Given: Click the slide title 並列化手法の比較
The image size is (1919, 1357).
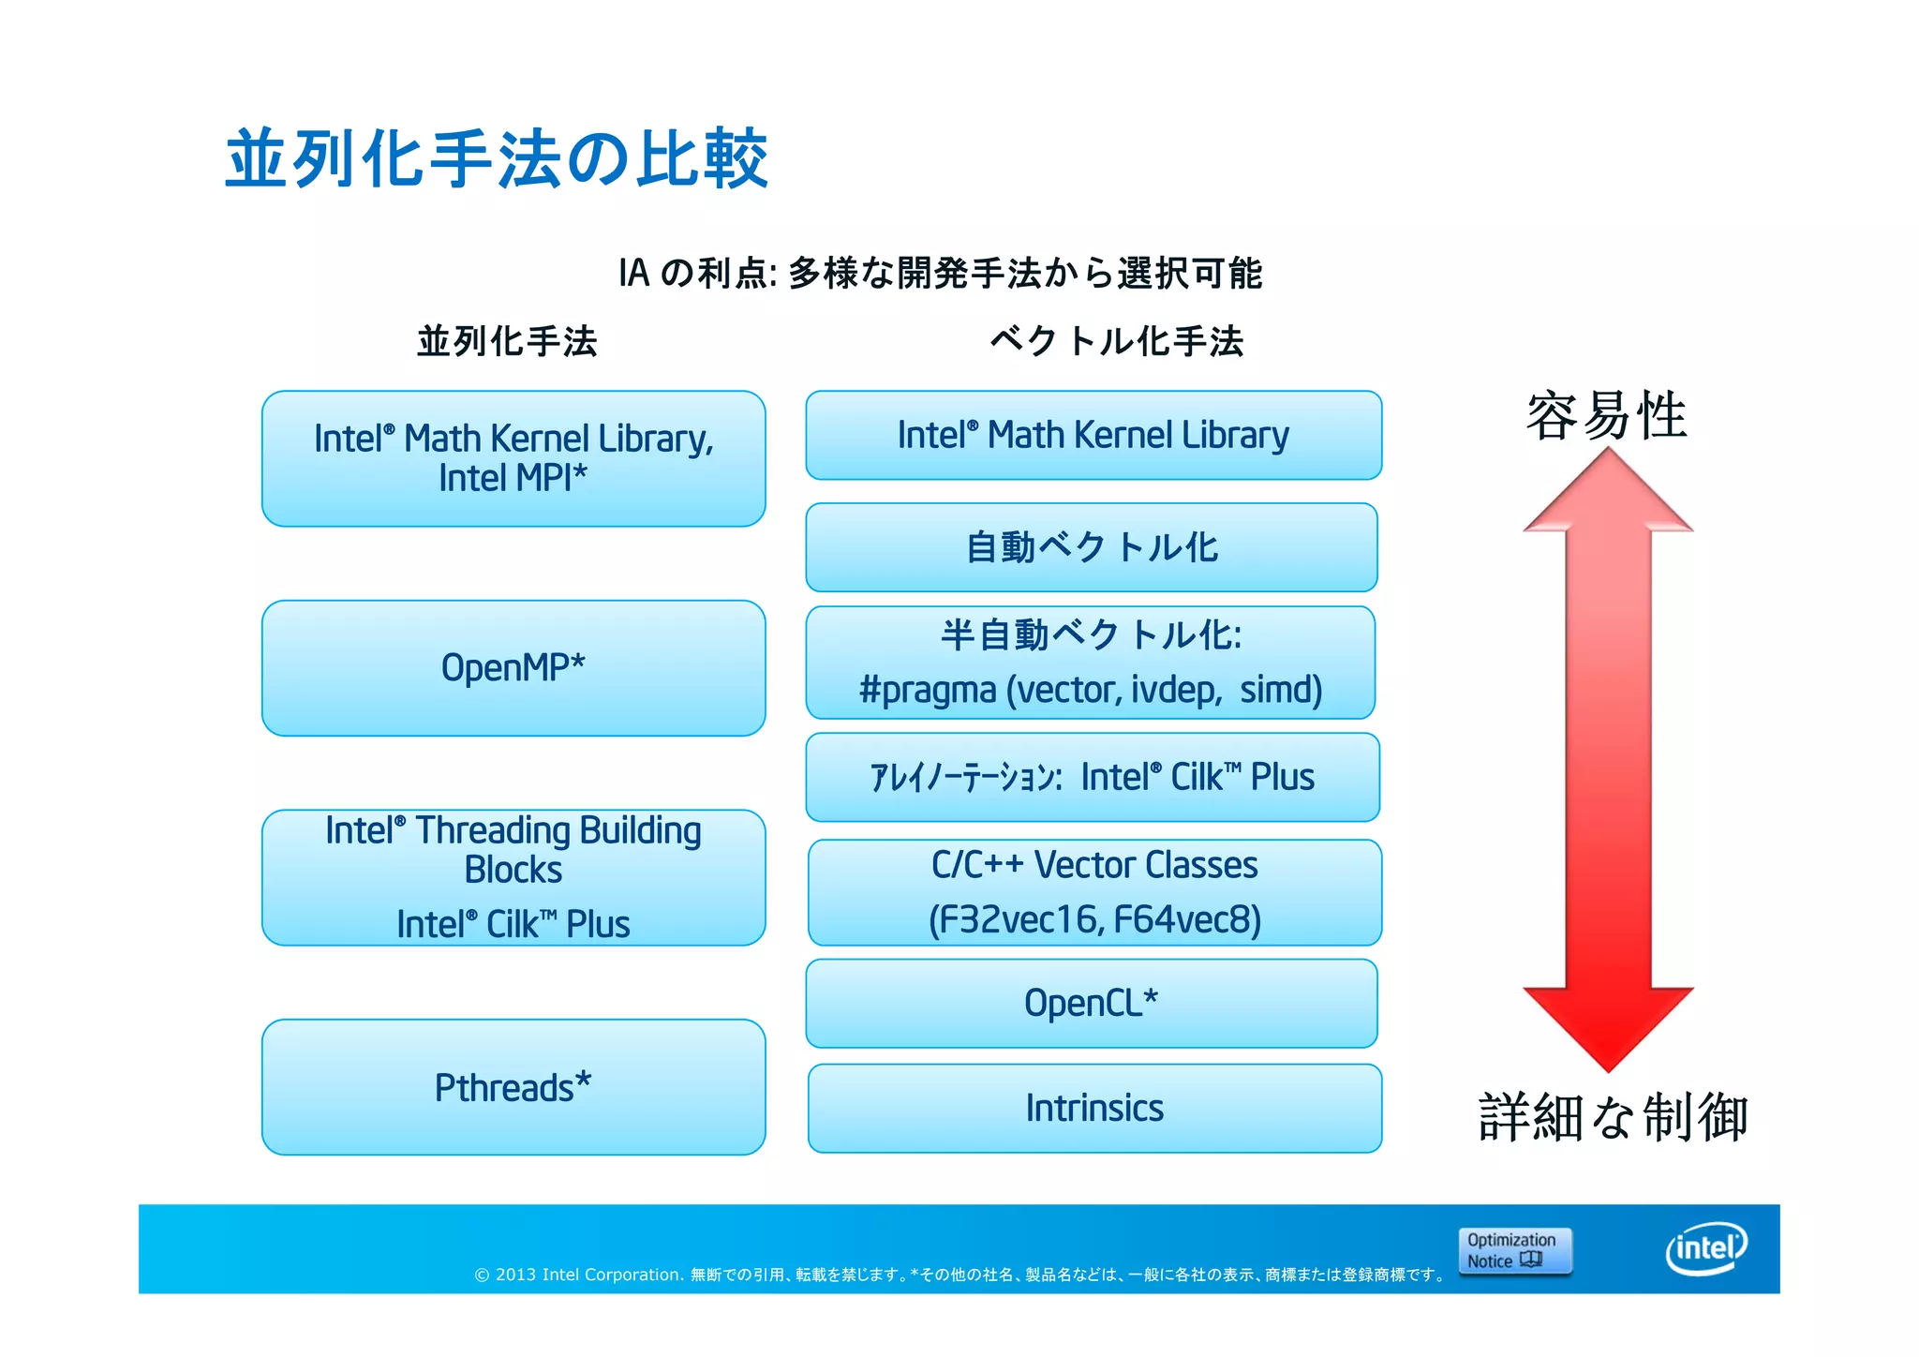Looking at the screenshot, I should tap(497, 159).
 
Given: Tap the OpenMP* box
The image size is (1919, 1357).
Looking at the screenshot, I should tap(513, 668).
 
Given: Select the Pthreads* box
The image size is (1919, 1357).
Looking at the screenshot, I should tap(513, 1087).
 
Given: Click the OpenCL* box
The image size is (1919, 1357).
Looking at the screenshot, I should tap(1091, 1003).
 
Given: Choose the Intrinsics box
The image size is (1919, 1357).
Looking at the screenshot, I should tap(1093, 1108).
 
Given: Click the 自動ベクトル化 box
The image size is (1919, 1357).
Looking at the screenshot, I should tap(1091, 547).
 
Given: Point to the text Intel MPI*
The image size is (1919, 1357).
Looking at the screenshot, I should tap(513, 479).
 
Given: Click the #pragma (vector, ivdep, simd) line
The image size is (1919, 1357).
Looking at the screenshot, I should tap(1091, 691).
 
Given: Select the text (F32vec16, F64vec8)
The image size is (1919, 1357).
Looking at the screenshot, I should tap(1093, 920).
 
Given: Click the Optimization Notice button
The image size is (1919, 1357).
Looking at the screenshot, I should tap(1514, 1251).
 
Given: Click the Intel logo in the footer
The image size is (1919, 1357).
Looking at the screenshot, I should tap(1706, 1248).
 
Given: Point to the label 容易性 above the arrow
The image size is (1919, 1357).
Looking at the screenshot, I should tap(1606, 416).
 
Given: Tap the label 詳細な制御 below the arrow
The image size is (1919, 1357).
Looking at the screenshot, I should tap(1613, 1117).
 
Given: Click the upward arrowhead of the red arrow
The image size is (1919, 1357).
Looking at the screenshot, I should tap(1608, 492).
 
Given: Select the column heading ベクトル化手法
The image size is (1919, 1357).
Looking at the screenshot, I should tap(1116, 341).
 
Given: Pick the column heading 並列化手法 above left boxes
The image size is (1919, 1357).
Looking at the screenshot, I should tap(507, 341).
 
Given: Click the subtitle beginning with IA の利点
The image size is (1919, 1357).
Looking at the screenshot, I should tap(940, 274).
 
